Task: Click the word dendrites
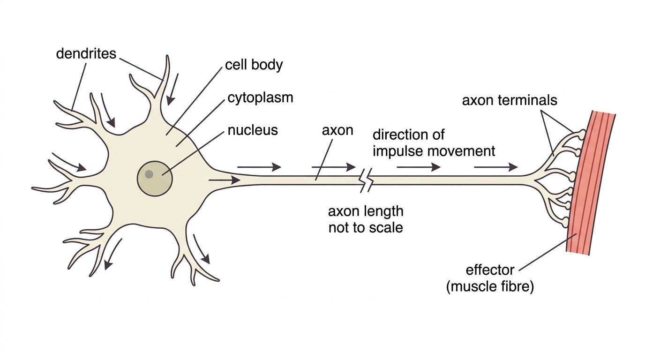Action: [86, 53]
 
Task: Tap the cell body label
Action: [254, 65]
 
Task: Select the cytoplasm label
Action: [260, 98]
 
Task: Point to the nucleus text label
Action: [253, 130]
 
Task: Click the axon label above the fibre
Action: [337, 130]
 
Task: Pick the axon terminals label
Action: [510, 100]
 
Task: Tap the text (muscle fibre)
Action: [490, 287]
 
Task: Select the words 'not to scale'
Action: [366, 227]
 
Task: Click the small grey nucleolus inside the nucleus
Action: [149, 174]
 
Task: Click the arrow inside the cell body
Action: [225, 180]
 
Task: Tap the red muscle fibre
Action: [591, 183]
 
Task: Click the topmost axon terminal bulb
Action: [581, 135]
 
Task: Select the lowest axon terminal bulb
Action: [565, 222]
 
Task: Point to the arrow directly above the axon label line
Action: [334, 167]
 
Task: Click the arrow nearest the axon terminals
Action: [496, 167]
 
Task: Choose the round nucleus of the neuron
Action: [155, 179]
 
